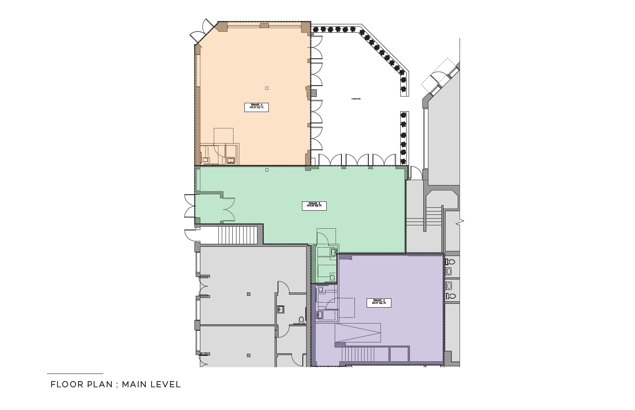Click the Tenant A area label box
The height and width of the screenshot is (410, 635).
click(256, 107)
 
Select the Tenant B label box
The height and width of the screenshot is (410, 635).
click(314, 206)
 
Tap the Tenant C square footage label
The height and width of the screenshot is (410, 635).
click(379, 303)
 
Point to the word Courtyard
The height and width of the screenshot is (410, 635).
click(356, 99)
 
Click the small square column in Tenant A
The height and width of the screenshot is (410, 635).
click(267, 88)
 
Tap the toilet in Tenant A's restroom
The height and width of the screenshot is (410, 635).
click(205, 160)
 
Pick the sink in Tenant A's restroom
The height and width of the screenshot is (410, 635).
click(231, 160)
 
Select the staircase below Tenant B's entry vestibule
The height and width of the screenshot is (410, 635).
click(238, 235)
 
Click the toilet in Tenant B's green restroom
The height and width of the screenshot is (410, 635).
click(332, 277)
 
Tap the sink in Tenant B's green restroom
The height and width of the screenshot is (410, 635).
click(333, 252)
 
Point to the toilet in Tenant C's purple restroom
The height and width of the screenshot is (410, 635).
click(320, 289)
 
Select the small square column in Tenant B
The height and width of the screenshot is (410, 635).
click(267, 170)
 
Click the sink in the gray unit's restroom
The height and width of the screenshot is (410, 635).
click(281, 309)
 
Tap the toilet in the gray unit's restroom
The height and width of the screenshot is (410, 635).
click(301, 321)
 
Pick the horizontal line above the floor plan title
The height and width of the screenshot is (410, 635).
click(75, 373)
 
